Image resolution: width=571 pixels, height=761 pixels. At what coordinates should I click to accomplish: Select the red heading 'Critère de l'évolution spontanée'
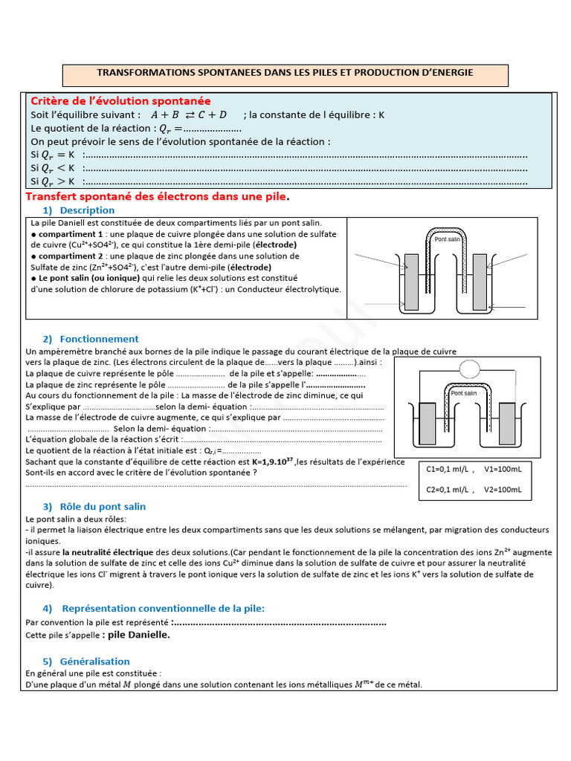click(120, 101)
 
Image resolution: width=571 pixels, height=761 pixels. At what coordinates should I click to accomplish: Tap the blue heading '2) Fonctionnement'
click(91, 339)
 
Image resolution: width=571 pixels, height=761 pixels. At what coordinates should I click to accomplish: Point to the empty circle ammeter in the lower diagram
click(471, 368)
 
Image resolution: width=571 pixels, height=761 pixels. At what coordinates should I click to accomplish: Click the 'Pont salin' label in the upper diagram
click(448, 240)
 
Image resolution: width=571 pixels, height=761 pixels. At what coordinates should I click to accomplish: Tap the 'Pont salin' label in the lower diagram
click(464, 393)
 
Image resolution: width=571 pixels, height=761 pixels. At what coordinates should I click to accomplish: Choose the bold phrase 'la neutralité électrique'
click(108, 552)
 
